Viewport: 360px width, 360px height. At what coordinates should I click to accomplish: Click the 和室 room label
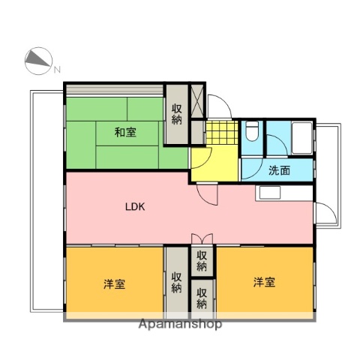coord(124,133)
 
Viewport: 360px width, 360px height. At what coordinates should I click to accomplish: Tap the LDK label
coord(135,208)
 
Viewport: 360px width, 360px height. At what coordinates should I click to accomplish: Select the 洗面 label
coord(279,169)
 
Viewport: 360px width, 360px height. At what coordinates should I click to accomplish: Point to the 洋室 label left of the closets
coord(114,283)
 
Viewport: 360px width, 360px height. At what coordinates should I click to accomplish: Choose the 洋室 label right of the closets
coord(263,282)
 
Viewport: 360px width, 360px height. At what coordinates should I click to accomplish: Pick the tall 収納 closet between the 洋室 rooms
coord(176,282)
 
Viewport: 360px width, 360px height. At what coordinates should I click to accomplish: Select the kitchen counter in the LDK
coord(285,193)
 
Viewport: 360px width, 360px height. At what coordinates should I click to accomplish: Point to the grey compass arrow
coord(37,60)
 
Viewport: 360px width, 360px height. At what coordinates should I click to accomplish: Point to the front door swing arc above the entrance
coord(219,108)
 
